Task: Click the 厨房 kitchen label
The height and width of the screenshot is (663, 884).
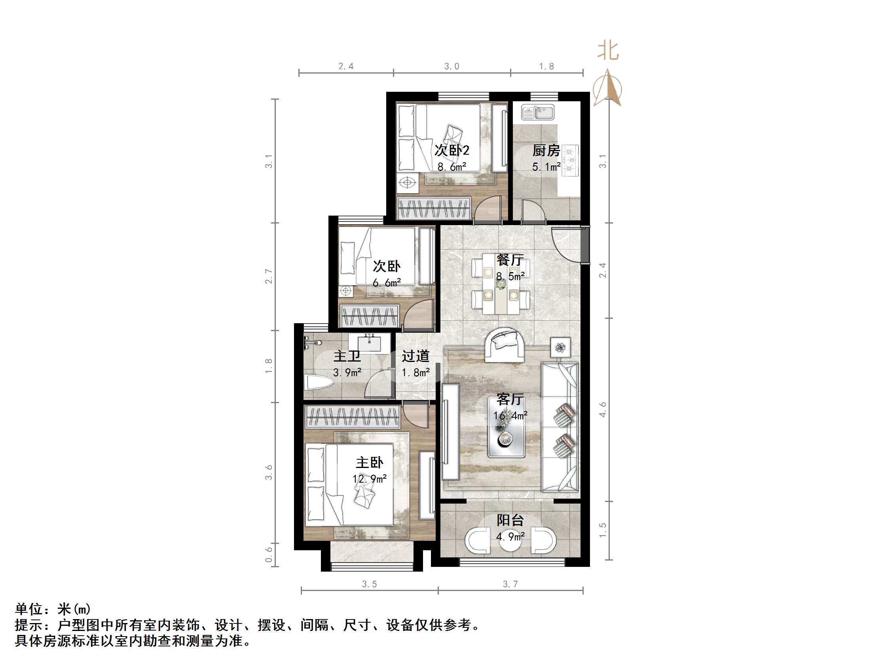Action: pyautogui.click(x=546, y=151)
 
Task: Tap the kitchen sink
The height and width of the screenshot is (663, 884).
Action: pyautogui.click(x=537, y=112)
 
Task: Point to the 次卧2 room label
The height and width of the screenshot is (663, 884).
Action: pyautogui.click(x=451, y=151)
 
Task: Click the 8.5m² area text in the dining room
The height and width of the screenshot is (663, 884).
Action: pyautogui.click(x=510, y=276)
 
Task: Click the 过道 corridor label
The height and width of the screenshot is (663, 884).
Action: pyautogui.click(x=415, y=356)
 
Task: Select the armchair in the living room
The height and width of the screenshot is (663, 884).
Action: pyautogui.click(x=505, y=345)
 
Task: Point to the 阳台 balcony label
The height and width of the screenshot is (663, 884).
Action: pyautogui.click(x=510, y=520)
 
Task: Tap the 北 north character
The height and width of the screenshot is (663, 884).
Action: pyautogui.click(x=608, y=51)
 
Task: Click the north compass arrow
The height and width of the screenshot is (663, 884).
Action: pyautogui.click(x=607, y=88)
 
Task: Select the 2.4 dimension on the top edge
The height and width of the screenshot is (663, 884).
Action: pyautogui.click(x=346, y=66)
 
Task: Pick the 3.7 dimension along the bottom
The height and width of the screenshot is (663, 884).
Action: pyautogui.click(x=510, y=584)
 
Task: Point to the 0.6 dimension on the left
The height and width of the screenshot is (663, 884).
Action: pyautogui.click(x=269, y=554)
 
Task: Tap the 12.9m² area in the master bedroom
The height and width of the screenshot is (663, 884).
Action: pyautogui.click(x=369, y=478)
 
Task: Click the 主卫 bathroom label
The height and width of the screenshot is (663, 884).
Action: pyautogui.click(x=347, y=356)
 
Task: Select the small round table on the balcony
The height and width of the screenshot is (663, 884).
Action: pyautogui.click(x=510, y=542)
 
